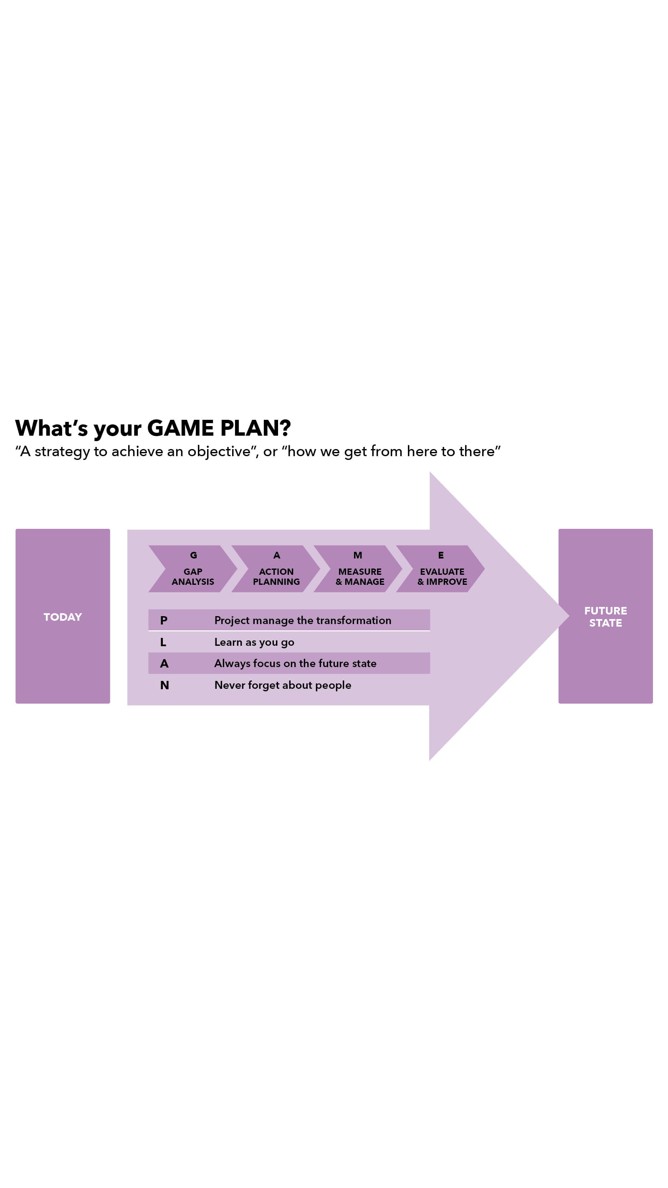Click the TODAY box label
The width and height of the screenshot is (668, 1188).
(63, 617)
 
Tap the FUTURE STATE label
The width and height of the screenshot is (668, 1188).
(605, 616)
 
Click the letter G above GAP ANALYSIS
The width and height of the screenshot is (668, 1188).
(193, 555)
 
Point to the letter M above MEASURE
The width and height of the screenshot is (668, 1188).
(358, 555)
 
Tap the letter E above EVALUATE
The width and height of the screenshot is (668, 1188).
(441, 555)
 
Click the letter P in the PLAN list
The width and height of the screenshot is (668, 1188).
(164, 620)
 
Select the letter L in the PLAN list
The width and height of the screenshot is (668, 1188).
(163, 642)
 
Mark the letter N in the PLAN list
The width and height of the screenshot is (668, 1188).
(164, 685)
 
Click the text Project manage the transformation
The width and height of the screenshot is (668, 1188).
(302, 620)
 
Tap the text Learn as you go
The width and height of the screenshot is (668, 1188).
(254, 642)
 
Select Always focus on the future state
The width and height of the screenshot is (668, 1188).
(295, 663)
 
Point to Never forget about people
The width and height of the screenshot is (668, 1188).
(283, 685)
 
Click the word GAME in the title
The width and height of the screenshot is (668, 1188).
(180, 428)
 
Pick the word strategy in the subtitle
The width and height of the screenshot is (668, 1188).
(62, 452)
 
